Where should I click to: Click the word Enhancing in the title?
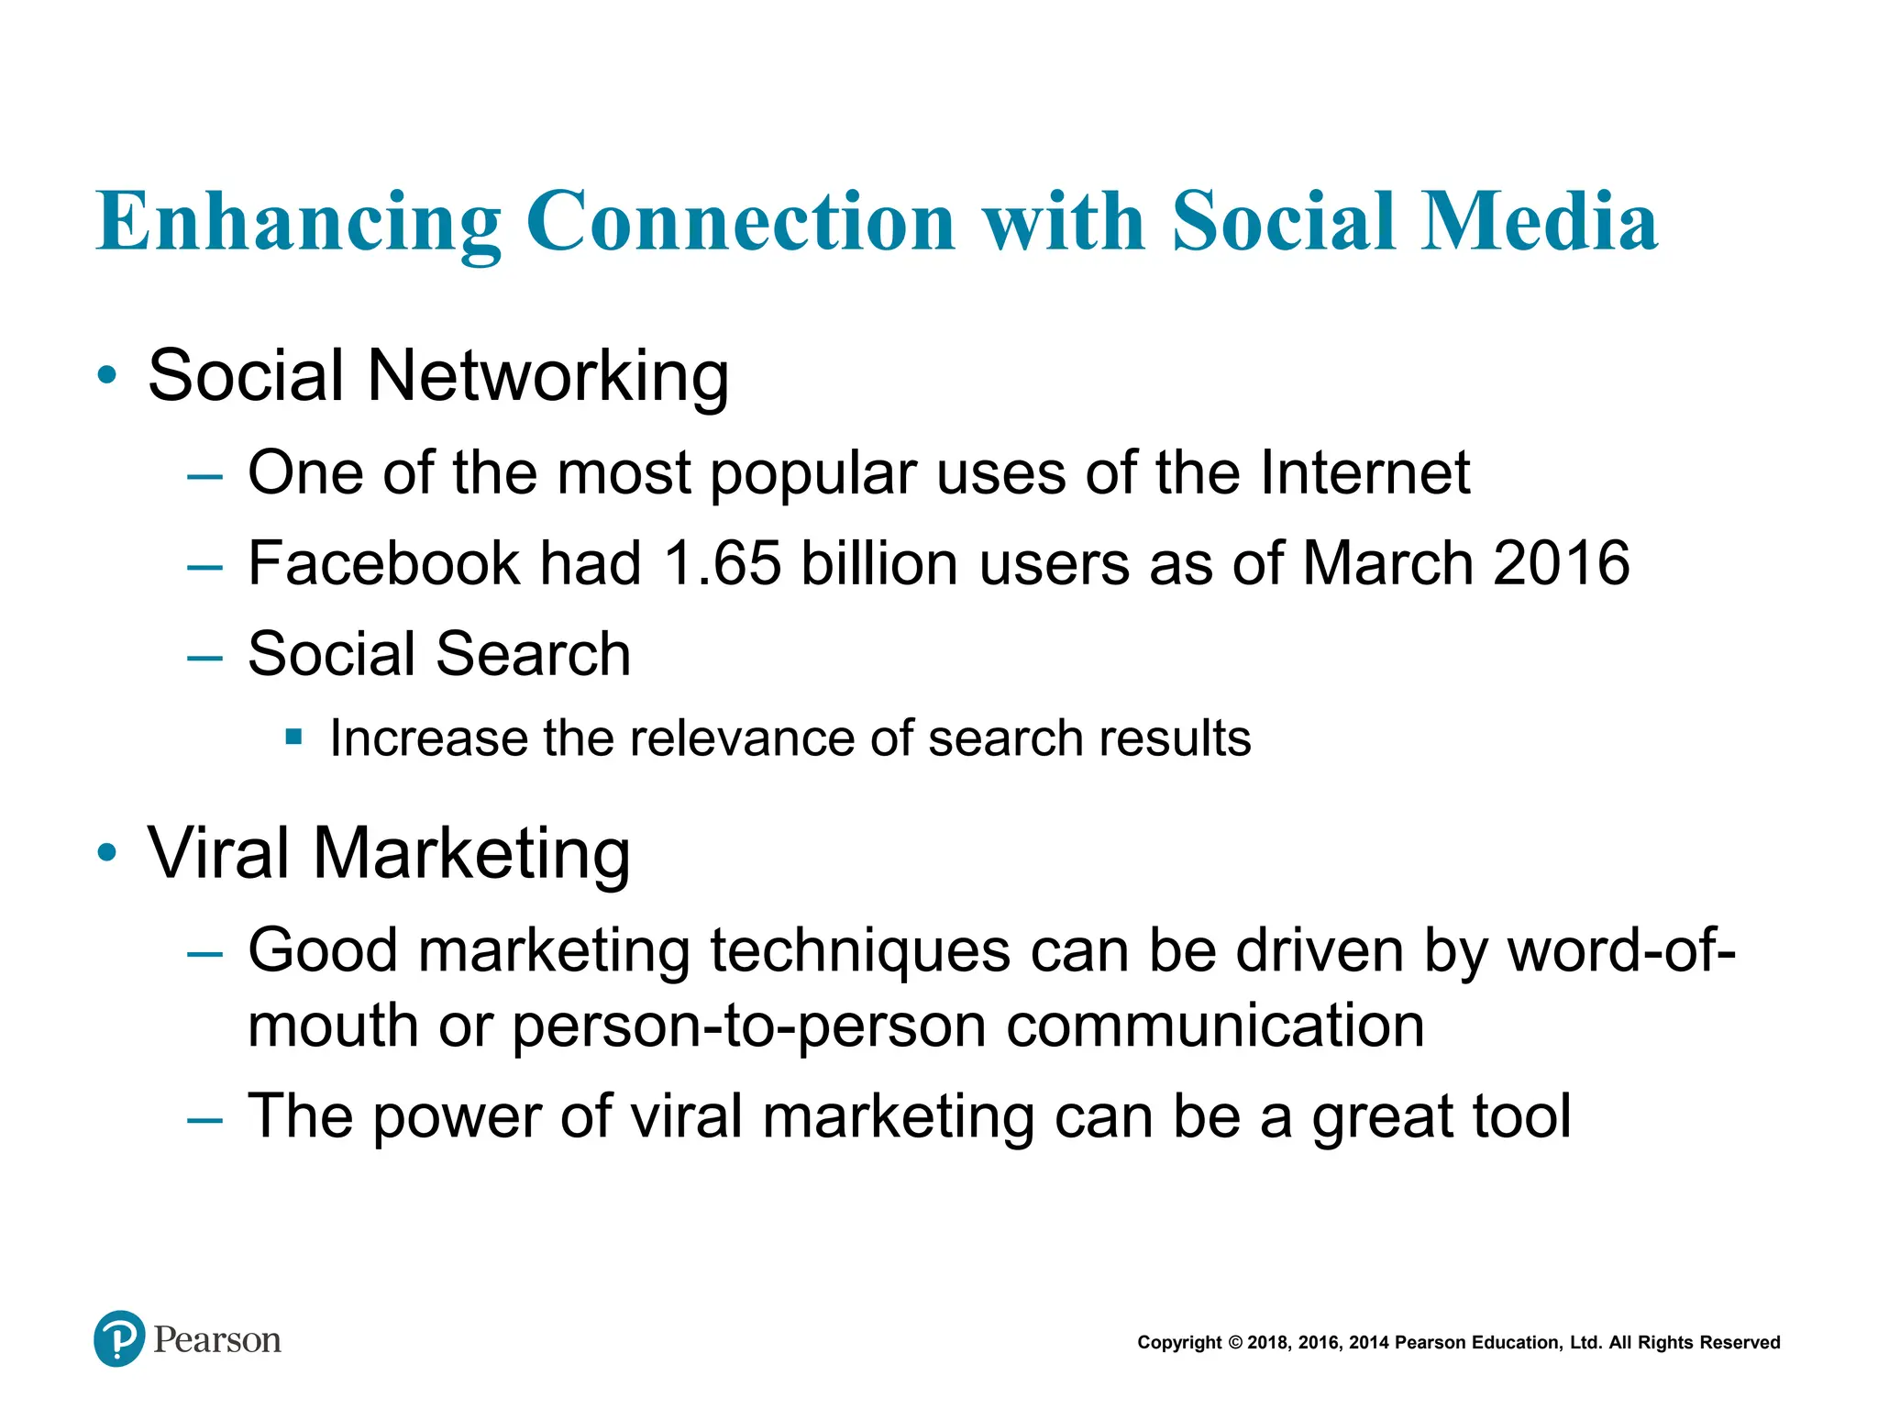tap(298, 223)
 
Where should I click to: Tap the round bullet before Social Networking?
tap(107, 374)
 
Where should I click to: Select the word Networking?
tap(547, 376)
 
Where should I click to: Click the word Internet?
tap(1364, 472)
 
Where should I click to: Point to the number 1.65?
tap(722, 563)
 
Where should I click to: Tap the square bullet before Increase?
tap(293, 736)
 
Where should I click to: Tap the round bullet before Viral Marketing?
tap(107, 852)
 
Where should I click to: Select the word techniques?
tap(860, 951)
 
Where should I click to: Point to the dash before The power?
tap(204, 1119)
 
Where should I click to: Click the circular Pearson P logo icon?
tap(119, 1338)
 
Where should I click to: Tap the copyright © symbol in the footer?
tap(1234, 1343)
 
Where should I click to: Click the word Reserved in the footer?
tap(1740, 1343)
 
